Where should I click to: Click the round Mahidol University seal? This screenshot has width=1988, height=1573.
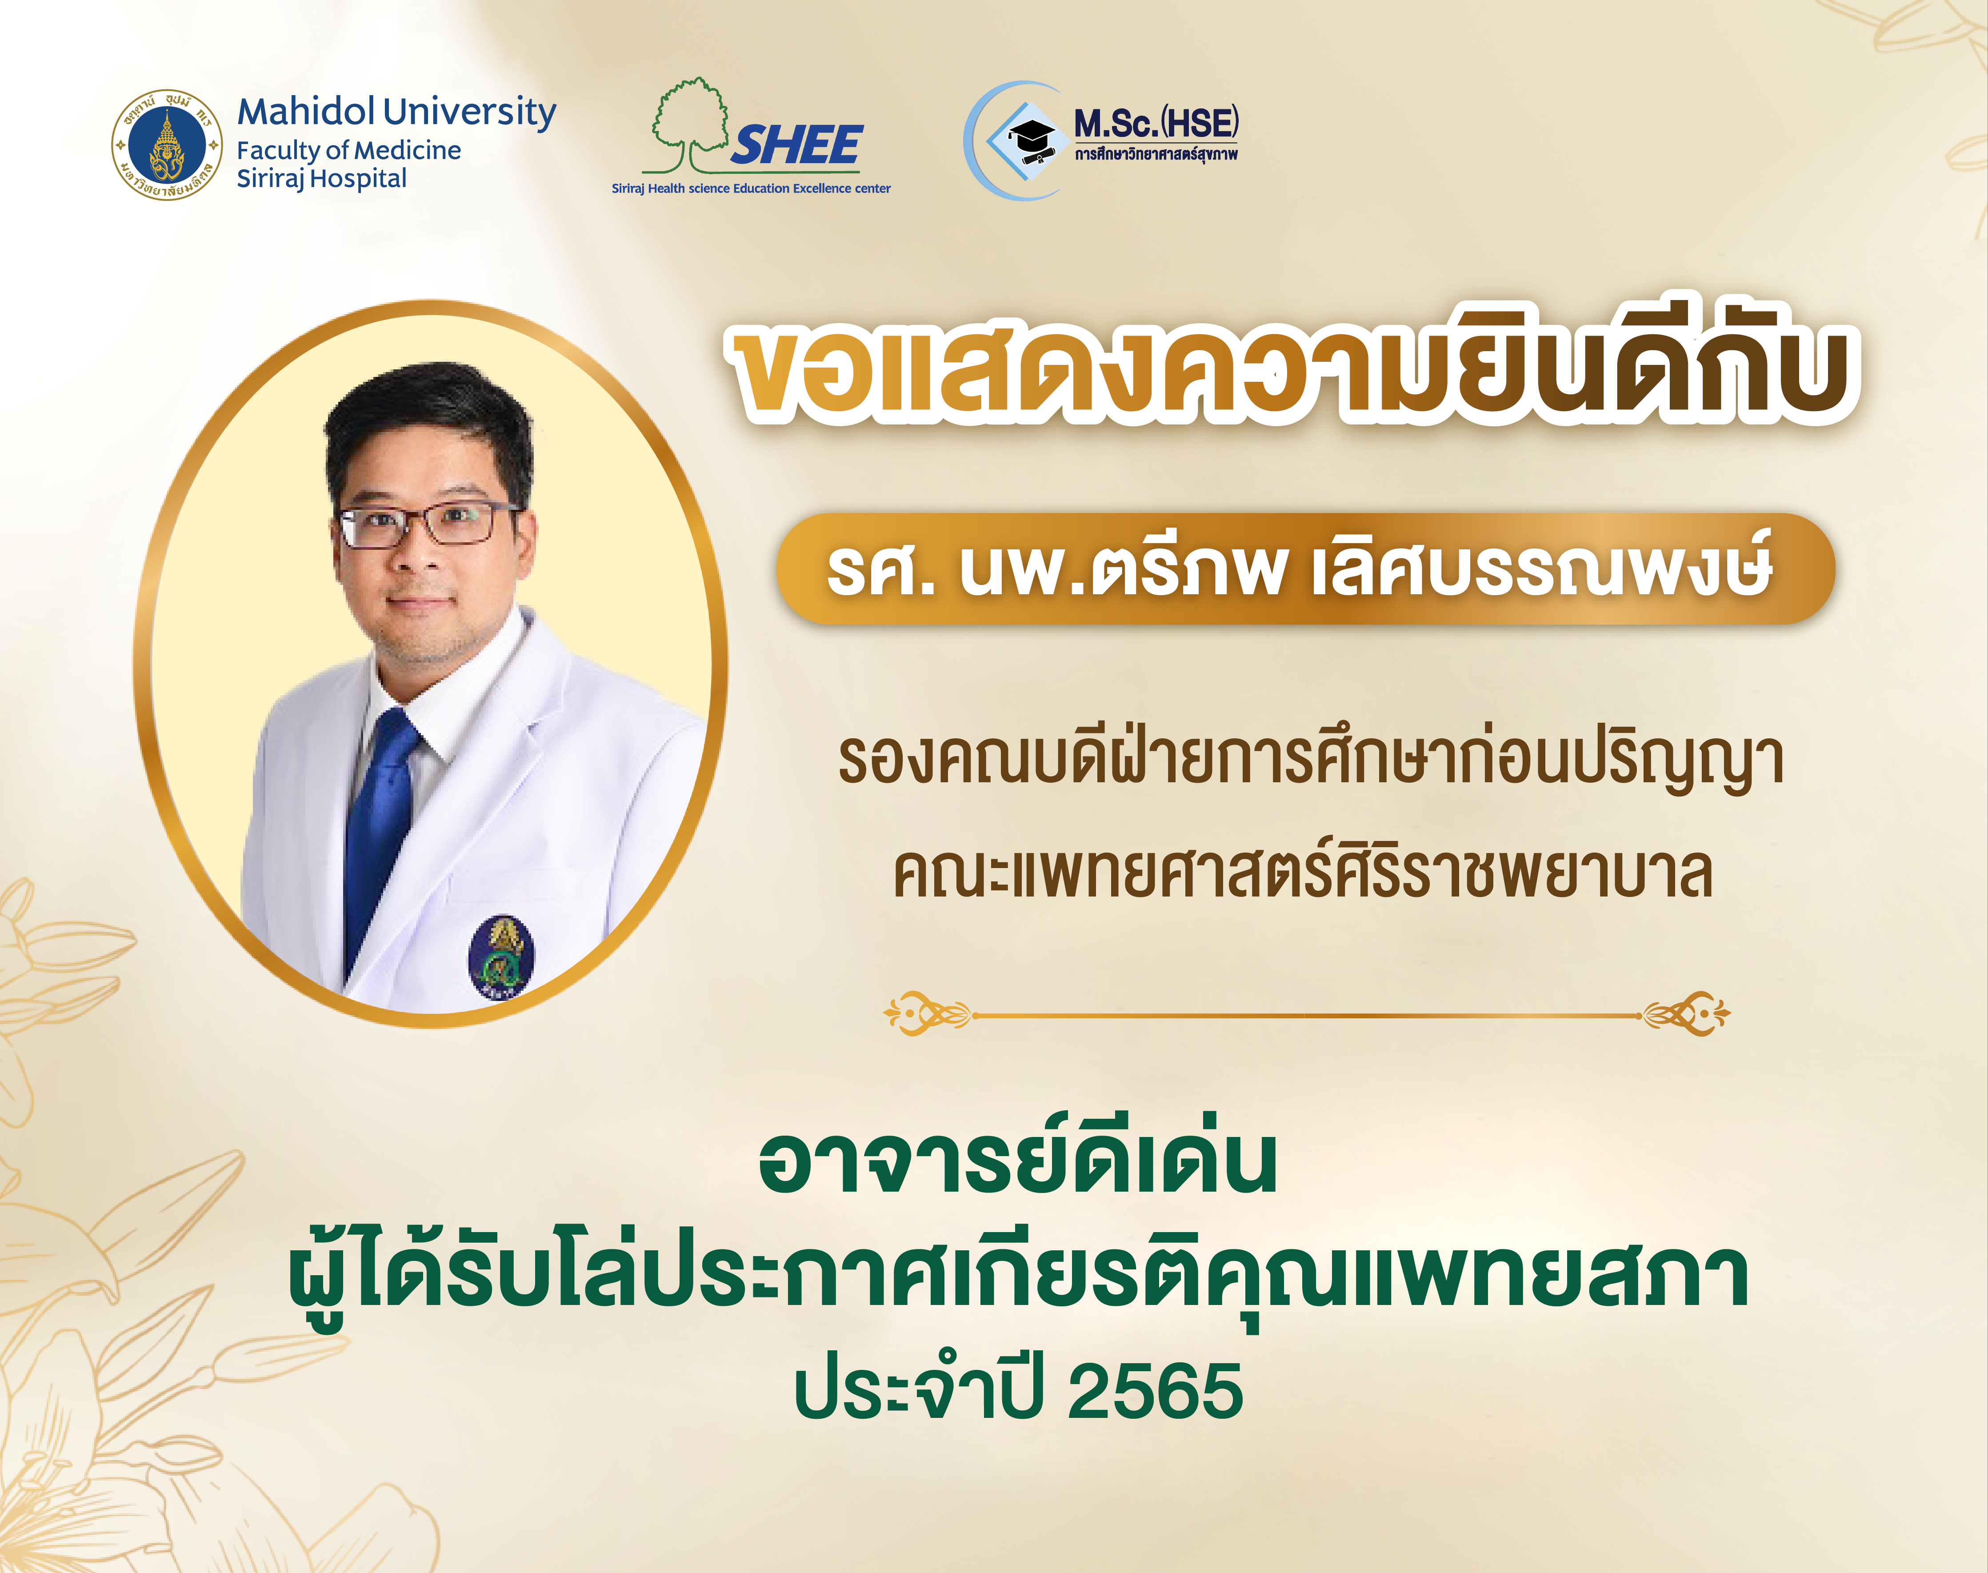[x=167, y=144]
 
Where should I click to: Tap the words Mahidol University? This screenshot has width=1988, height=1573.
[x=397, y=112]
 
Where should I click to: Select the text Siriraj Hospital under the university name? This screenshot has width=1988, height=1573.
[x=321, y=179]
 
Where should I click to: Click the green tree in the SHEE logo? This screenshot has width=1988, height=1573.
[x=686, y=124]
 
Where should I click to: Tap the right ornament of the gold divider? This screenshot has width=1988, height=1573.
[x=1685, y=1014]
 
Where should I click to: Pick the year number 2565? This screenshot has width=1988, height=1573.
[x=1156, y=1391]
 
